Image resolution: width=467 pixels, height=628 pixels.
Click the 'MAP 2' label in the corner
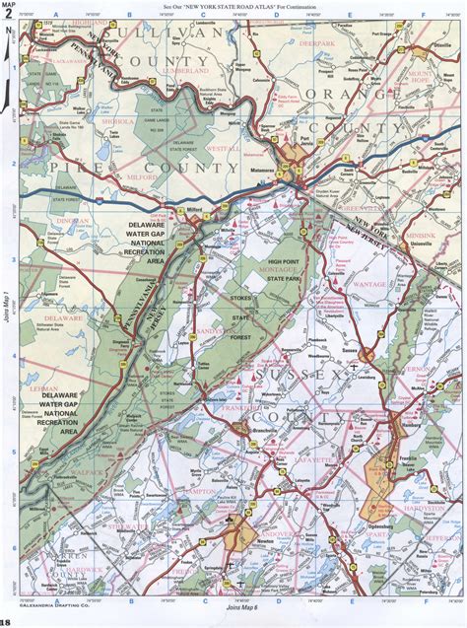(10, 11)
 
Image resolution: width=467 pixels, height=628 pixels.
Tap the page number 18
(7, 622)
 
